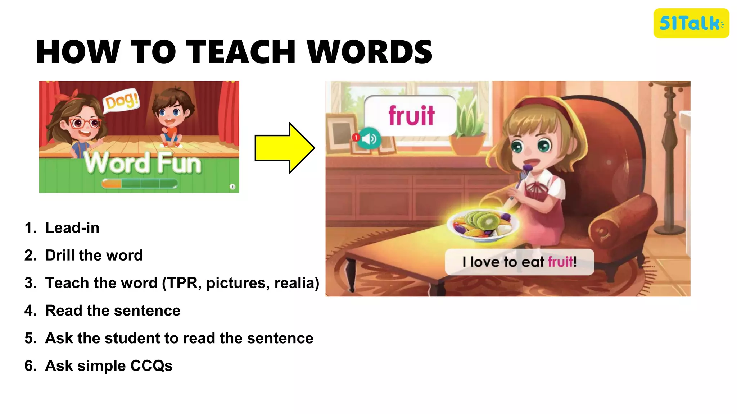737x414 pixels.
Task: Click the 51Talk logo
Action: (x=691, y=23)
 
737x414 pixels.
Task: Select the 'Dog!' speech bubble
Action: (x=121, y=101)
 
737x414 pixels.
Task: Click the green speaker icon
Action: (x=369, y=138)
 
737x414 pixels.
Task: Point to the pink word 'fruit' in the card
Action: (x=411, y=116)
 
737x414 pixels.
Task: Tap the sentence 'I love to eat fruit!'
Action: (x=519, y=262)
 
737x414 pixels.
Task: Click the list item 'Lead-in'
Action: (x=72, y=228)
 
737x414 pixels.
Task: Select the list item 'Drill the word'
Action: (x=94, y=256)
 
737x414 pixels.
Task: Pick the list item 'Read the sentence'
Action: (x=113, y=310)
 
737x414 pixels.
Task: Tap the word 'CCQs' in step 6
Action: (x=151, y=366)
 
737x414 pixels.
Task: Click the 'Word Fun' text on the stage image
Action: (x=143, y=164)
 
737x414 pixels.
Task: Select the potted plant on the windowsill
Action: (x=468, y=129)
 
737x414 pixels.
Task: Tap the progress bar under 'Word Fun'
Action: (x=139, y=184)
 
